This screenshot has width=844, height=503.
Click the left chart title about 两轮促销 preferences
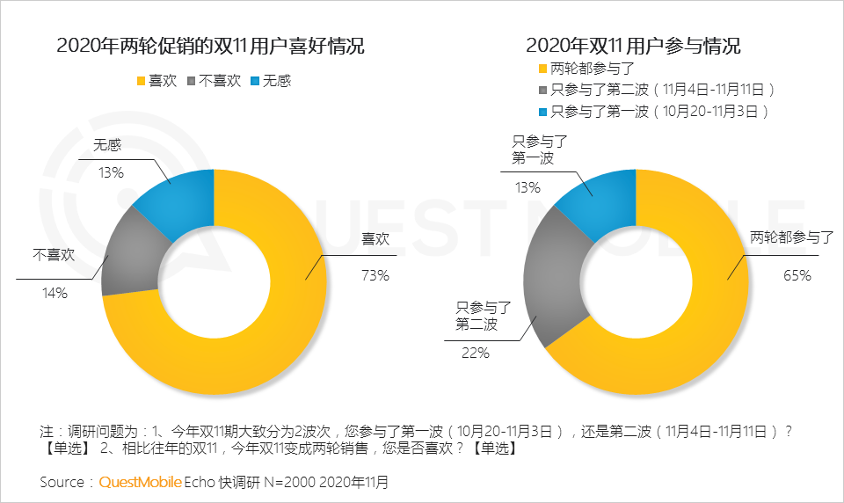[x=210, y=46]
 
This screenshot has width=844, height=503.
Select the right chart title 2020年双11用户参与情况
[x=633, y=46]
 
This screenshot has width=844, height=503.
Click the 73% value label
[x=375, y=275]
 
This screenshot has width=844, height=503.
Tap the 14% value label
[x=54, y=293]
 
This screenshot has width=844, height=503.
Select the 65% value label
[x=797, y=275]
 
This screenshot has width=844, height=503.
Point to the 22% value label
[x=476, y=353]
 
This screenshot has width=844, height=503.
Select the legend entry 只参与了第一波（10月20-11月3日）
[x=659, y=111]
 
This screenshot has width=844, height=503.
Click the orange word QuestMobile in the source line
[x=141, y=482]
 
